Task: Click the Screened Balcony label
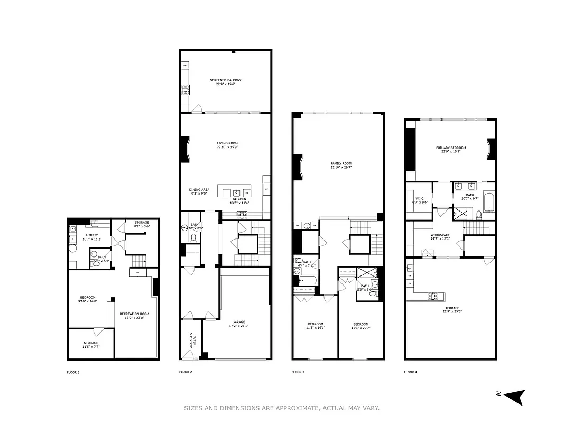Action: click(x=226, y=82)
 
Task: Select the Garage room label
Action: click(x=238, y=324)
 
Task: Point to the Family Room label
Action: click(x=340, y=165)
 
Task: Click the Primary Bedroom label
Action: click(x=450, y=150)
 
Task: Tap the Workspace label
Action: click(x=440, y=237)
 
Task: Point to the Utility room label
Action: click(x=92, y=237)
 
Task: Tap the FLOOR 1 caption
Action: click(x=73, y=372)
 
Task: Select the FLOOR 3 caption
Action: click(x=298, y=372)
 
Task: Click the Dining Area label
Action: click(x=199, y=191)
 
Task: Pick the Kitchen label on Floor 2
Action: click(x=238, y=201)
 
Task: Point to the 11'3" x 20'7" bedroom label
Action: click(x=361, y=326)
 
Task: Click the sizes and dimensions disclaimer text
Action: click(x=282, y=408)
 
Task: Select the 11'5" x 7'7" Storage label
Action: click(x=90, y=344)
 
